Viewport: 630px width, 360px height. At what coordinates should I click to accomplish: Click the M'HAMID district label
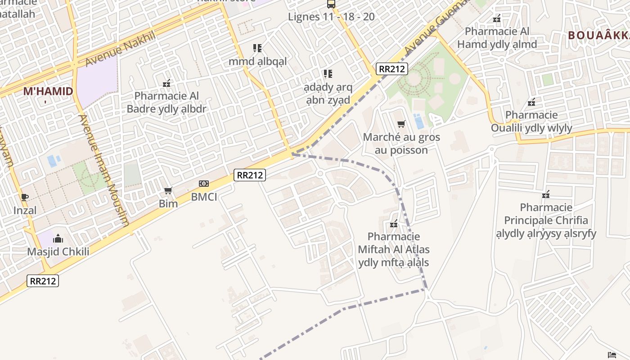pos(48,91)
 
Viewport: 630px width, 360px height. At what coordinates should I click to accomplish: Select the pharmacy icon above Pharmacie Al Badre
pos(166,83)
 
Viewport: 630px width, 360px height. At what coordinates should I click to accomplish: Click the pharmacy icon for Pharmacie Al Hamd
pos(497,19)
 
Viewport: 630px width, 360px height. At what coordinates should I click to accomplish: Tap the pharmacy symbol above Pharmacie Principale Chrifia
pos(546,195)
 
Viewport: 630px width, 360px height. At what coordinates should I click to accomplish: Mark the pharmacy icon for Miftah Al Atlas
pos(394,224)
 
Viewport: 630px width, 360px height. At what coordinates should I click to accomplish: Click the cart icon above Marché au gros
pos(401,124)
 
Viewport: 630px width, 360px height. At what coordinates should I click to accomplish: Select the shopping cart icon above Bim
pos(168,191)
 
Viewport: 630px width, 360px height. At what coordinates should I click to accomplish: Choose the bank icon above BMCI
pos(204,184)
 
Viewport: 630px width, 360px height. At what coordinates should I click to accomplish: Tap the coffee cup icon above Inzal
pos(25,197)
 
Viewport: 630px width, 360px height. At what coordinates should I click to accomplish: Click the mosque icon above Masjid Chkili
pos(58,238)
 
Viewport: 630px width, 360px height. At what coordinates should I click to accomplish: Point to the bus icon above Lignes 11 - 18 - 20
pos(331,4)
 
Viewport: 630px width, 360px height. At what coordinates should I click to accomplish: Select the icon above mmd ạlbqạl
pos(257,48)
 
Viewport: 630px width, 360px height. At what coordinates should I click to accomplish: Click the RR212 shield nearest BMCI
pos(250,175)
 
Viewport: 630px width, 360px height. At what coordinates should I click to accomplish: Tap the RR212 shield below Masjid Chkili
pos(43,281)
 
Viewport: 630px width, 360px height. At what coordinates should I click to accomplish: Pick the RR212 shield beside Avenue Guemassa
pos(392,69)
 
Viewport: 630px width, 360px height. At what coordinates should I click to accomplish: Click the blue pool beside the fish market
pos(419,121)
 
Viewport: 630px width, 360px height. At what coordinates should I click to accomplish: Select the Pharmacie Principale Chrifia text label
pos(546,220)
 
